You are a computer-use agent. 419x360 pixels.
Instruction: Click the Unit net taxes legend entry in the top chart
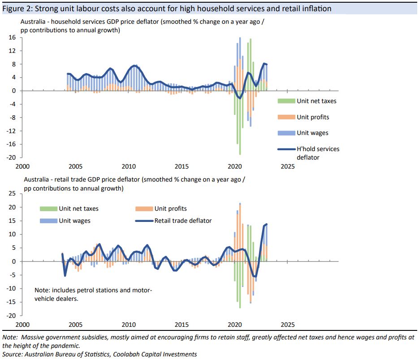[x=316, y=101]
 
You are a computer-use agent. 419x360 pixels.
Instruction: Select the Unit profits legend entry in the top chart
[x=313, y=117]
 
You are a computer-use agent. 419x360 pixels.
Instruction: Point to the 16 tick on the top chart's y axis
[x=13, y=38]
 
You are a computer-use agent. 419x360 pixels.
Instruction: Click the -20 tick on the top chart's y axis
[x=11, y=157]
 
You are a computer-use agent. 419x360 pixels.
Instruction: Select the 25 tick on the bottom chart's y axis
[x=12, y=194]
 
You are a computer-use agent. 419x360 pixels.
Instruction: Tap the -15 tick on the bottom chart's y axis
[x=11, y=302]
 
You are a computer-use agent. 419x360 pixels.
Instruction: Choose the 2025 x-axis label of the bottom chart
[x=287, y=324]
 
